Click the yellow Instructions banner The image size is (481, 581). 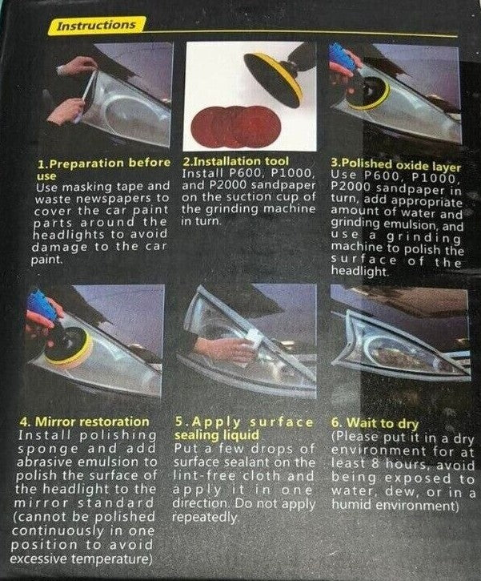(95, 25)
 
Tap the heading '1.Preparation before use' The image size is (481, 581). (103, 168)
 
